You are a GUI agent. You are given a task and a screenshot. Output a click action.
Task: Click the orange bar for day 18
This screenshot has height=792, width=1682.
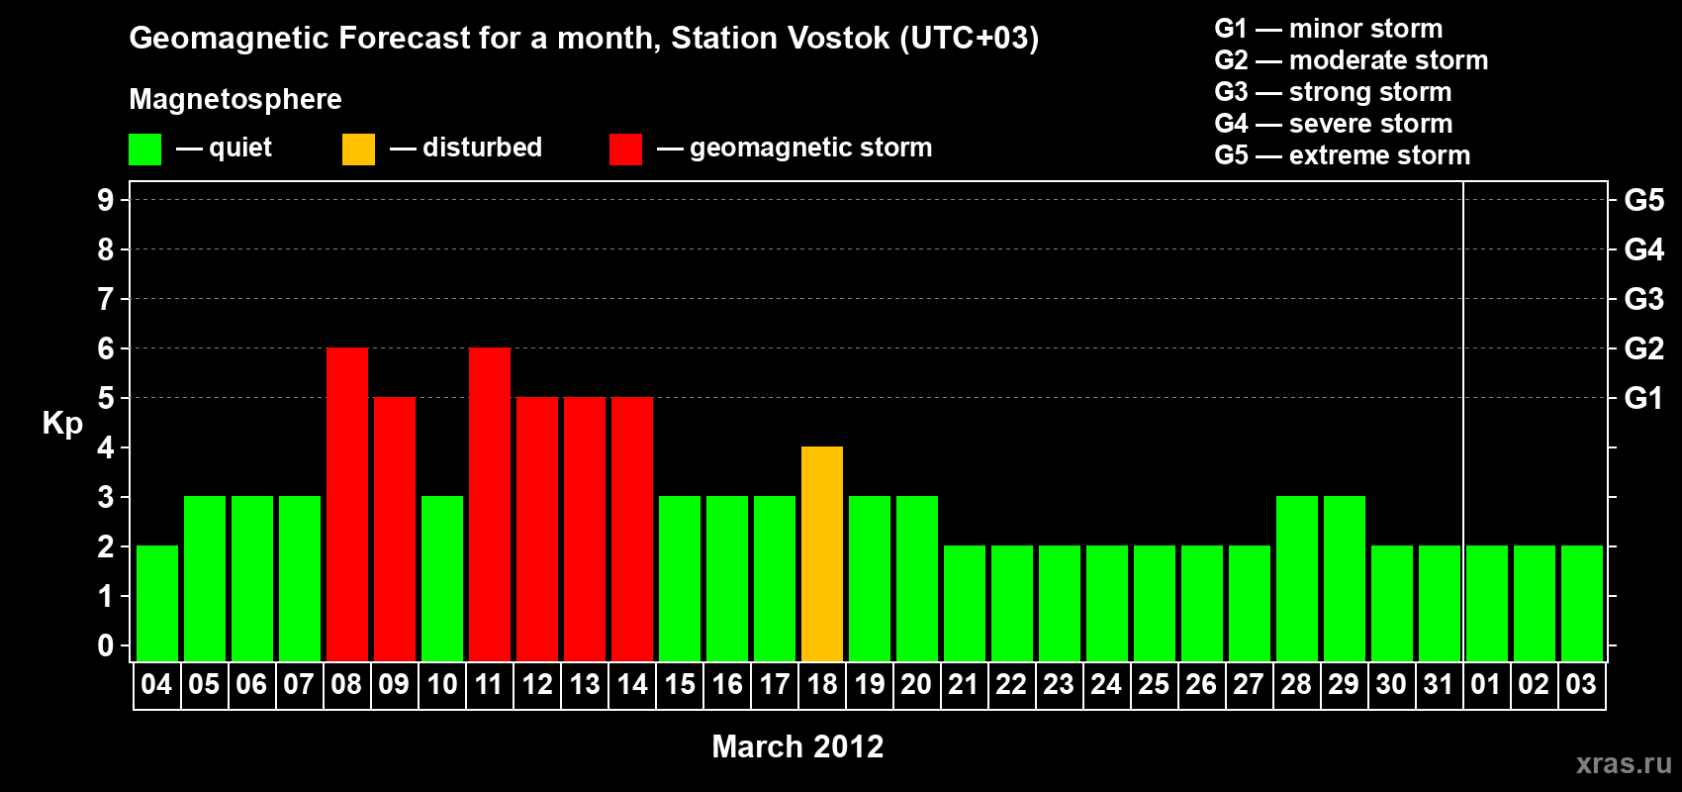[x=822, y=553]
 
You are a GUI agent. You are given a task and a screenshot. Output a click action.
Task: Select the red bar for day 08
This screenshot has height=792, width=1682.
[x=347, y=504]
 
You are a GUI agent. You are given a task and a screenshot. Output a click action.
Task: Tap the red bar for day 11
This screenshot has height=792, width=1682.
[x=490, y=504]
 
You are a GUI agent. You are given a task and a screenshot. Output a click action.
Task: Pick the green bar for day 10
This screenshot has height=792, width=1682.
[x=442, y=578]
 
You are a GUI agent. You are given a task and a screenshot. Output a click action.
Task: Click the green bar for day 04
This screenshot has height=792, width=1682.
[x=157, y=603]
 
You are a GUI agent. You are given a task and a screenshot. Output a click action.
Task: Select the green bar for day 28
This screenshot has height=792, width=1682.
[x=1297, y=578]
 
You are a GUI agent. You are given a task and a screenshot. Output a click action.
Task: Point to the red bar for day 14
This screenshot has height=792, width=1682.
[x=632, y=529]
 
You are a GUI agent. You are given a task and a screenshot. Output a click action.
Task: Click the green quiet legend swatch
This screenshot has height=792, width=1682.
[x=144, y=148]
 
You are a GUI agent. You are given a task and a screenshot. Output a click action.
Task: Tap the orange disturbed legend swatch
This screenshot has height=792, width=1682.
[x=358, y=148]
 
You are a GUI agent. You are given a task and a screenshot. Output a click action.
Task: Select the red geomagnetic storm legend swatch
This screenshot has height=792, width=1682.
[x=626, y=148]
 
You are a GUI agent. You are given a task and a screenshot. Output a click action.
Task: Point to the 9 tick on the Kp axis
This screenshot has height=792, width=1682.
[x=105, y=200]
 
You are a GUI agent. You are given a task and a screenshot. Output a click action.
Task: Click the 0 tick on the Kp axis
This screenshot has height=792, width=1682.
[x=105, y=645]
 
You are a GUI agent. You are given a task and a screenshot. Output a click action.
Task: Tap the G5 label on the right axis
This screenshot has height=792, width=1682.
[x=1644, y=200]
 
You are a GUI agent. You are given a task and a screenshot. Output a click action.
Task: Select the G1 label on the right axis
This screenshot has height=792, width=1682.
[x=1644, y=398]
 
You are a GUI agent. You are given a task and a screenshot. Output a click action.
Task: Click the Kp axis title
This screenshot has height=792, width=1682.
[x=62, y=424]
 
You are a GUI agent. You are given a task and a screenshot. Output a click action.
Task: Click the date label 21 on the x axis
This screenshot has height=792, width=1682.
[x=963, y=684]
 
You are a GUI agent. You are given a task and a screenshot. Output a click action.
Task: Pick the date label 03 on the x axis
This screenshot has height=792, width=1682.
[x=1581, y=684]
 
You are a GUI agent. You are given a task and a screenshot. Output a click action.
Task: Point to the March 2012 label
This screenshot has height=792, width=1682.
[x=797, y=746]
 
